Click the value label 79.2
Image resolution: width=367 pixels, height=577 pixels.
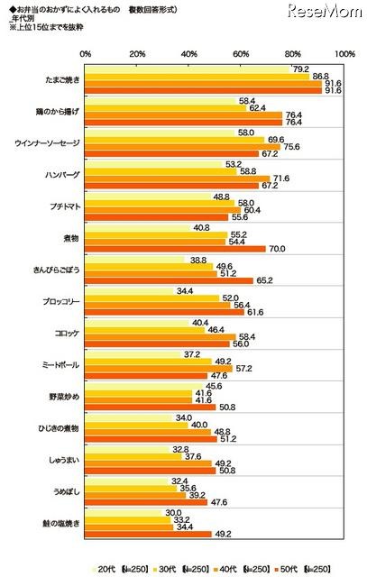(x=301, y=69)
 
